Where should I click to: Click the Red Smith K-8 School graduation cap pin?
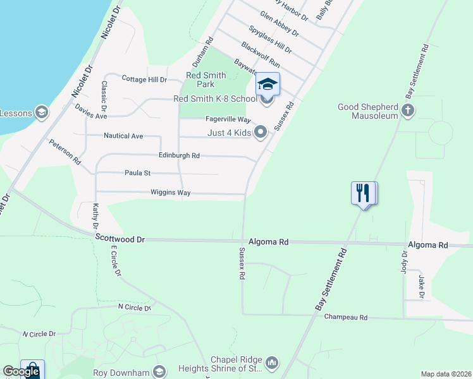tap(267, 85)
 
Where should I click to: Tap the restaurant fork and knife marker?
tap(364, 193)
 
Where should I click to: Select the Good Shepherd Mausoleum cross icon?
tap(408, 111)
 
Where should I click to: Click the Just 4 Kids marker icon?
tap(261, 132)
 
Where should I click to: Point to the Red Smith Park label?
tap(206, 80)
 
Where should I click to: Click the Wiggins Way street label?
tap(171, 193)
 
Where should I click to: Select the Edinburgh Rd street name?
tap(179, 155)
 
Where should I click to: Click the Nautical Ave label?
tap(123, 136)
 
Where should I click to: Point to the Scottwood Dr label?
tap(121, 239)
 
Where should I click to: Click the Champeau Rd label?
tap(346, 318)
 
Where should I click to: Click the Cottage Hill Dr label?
tap(144, 80)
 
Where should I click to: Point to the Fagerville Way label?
tap(228, 119)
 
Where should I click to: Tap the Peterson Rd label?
tap(65, 152)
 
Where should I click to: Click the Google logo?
tap(21, 371)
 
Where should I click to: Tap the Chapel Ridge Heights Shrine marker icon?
tap(273, 362)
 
